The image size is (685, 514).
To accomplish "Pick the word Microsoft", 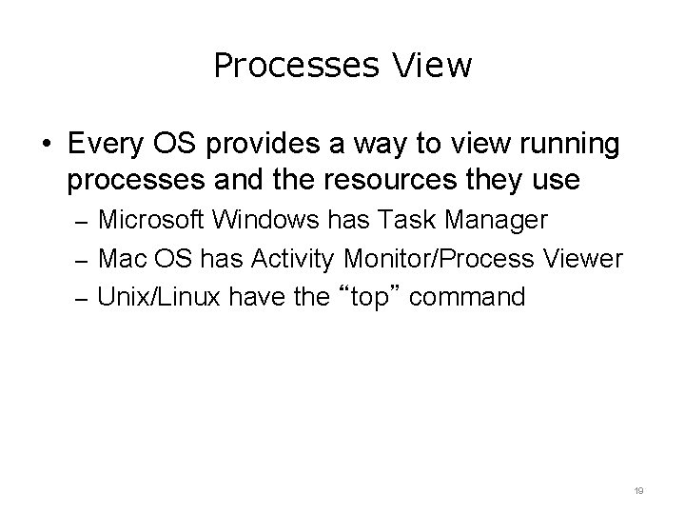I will tap(153, 221).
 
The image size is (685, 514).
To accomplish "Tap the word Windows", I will tap(270, 221).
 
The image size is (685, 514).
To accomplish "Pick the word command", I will tap(472, 297).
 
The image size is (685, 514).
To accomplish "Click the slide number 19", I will tap(639, 491).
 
